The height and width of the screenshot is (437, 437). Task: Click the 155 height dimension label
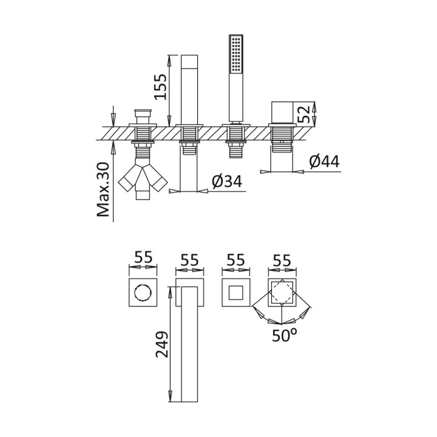[x=161, y=87]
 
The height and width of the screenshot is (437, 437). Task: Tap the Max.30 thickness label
[x=103, y=189]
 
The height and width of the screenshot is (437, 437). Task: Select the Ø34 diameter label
[x=227, y=181]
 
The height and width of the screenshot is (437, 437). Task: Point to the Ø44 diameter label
[x=324, y=161]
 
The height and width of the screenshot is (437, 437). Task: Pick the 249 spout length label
[x=162, y=344]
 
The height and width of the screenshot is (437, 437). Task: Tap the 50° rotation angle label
[x=285, y=335]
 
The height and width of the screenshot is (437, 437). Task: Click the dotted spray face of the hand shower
[x=236, y=55]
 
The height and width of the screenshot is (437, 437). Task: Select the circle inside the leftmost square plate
[x=143, y=293]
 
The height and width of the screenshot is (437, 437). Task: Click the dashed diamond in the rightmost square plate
[x=282, y=293]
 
